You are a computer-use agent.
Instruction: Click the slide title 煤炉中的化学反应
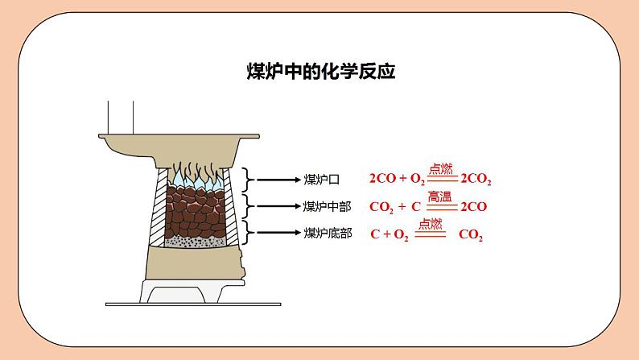coord(319,71)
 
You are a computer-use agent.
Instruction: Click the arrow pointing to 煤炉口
coord(278,179)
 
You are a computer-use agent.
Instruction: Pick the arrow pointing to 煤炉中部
coord(278,206)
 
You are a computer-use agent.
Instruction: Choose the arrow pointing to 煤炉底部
coord(278,234)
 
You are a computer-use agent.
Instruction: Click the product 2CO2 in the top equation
coord(476,180)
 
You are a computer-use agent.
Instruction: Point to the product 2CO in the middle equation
coord(473,207)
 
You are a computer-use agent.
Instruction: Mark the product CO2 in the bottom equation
coord(471,235)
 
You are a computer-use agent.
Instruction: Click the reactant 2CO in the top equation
coord(381,180)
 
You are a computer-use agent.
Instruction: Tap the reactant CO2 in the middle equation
coord(381,207)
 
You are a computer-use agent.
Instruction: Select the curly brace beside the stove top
coord(250,179)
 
